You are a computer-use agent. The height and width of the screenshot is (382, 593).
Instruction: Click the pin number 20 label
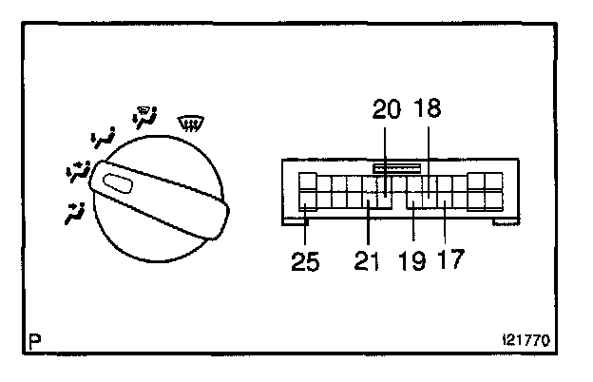(x=388, y=110)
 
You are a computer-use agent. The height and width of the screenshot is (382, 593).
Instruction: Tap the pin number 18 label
(x=429, y=110)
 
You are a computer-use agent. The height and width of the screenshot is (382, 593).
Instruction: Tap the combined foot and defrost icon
(x=145, y=119)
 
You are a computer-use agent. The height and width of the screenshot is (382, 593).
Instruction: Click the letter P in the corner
(x=36, y=338)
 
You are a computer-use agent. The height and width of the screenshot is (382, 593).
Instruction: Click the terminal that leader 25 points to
(x=307, y=201)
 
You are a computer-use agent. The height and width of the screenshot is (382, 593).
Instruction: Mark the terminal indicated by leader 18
(x=429, y=183)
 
